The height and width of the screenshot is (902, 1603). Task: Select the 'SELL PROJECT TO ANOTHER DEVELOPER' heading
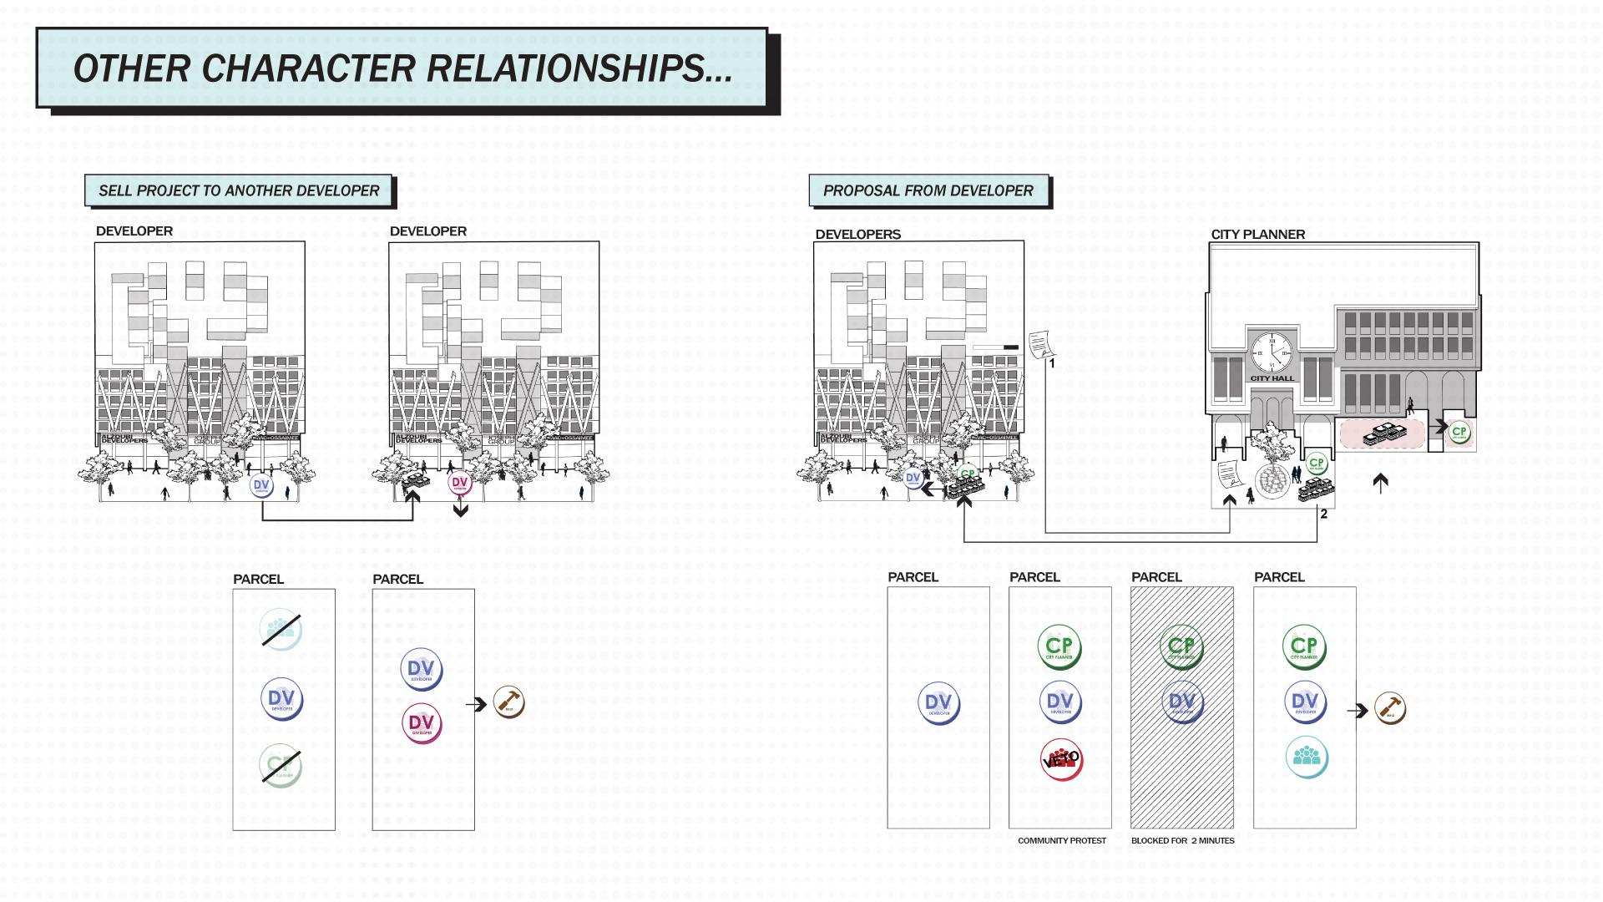pyautogui.click(x=239, y=191)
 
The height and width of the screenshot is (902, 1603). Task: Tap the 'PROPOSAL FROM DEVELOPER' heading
pyautogui.click(x=928, y=191)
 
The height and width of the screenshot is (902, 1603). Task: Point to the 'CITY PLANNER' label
pyautogui.click(x=1257, y=235)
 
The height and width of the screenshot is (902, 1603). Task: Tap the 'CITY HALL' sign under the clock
pyautogui.click(x=1272, y=378)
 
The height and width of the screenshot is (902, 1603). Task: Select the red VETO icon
pyautogui.click(x=1061, y=759)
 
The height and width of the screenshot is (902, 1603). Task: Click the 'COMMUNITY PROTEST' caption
pyautogui.click(x=1061, y=841)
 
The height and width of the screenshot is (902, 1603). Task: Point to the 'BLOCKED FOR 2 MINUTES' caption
pyautogui.click(x=1182, y=841)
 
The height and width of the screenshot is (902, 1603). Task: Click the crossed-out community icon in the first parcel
pyautogui.click(x=281, y=631)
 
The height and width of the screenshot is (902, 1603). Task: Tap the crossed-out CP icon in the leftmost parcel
pyautogui.click(x=280, y=764)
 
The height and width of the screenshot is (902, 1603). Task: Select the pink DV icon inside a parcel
pyautogui.click(x=422, y=723)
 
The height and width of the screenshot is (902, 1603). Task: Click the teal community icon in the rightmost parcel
pyautogui.click(x=1306, y=757)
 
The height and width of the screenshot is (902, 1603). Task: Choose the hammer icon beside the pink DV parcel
pyautogui.click(x=508, y=703)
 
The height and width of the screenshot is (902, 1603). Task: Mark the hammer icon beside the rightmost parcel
pyautogui.click(x=1390, y=709)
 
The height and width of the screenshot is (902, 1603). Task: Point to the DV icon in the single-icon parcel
pyautogui.click(x=939, y=703)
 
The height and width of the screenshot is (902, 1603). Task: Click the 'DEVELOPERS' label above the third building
pyautogui.click(x=857, y=235)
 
